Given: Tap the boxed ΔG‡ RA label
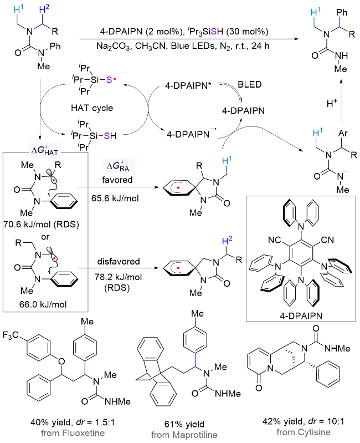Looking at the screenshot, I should tap(122, 165).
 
